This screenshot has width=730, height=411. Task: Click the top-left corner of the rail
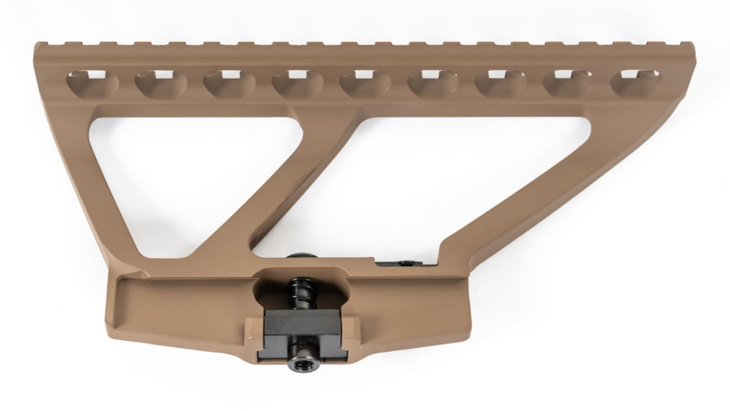coord(37,46)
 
